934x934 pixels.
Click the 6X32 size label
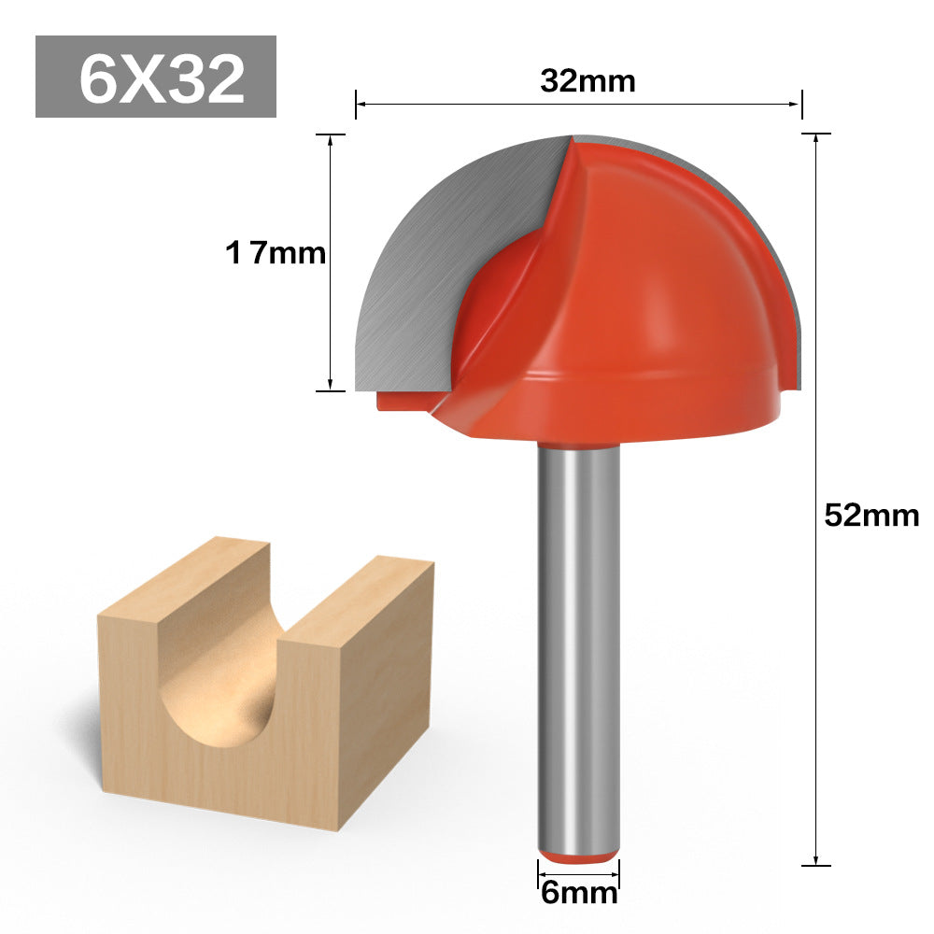click(162, 78)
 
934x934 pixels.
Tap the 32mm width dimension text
click(587, 81)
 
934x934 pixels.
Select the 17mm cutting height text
click(276, 253)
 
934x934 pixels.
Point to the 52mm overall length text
click(871, 516)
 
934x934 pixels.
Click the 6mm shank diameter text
click(579, 894)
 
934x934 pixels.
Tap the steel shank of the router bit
click(578, 648)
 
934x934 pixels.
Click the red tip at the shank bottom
click(578, 857)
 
